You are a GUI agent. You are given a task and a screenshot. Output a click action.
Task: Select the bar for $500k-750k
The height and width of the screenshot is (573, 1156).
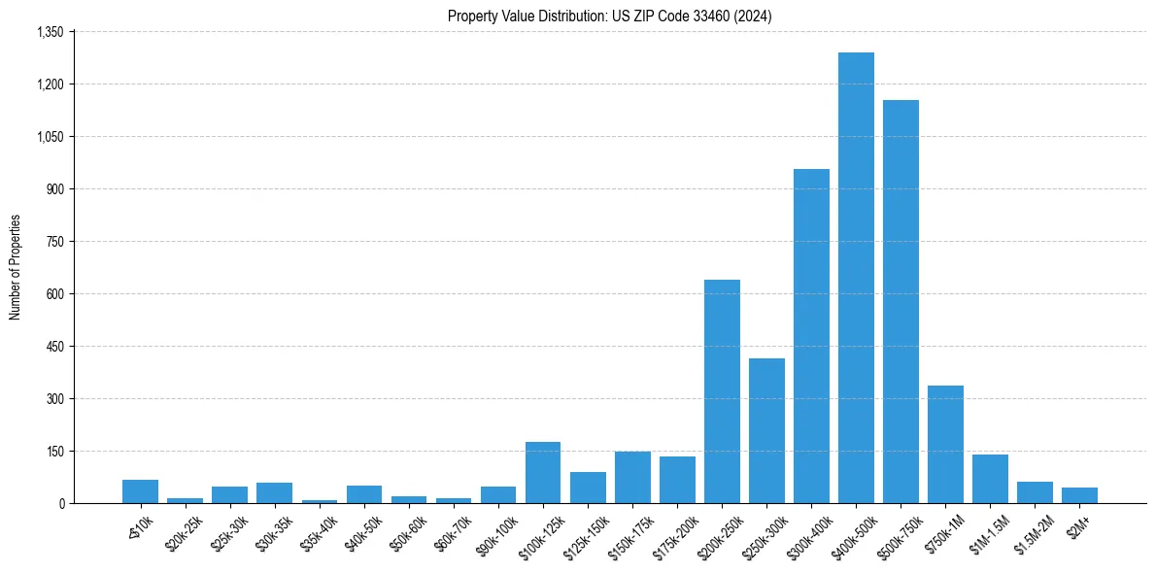pyautogui.click(x=901, y=301)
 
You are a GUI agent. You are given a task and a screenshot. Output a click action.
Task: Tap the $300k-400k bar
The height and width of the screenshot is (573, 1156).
pyautogui.click(x=811, y=336)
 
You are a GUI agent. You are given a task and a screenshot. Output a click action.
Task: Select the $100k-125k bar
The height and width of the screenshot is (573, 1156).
pyautogui.click(x=543, y=473)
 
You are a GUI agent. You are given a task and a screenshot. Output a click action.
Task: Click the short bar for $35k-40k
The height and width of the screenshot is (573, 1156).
pyautogui.click(x=320, y=501)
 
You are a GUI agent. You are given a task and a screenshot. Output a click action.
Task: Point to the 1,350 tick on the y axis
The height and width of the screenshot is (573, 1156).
pyautogui.click(x=50, y=32)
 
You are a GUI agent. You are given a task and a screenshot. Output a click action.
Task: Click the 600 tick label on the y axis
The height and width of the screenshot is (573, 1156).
pyautogui.click(x=54, y=294)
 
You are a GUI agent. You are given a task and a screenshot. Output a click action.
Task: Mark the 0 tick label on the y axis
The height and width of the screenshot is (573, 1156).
pyautogui.click(x=60, y=504)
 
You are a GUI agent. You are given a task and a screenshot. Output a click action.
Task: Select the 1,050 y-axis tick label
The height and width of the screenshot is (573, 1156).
pyautogui.click(x=50, y=137)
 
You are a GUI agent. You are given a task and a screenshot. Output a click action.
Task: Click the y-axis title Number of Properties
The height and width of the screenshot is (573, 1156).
pyautogui.click(x=15, y=267)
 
